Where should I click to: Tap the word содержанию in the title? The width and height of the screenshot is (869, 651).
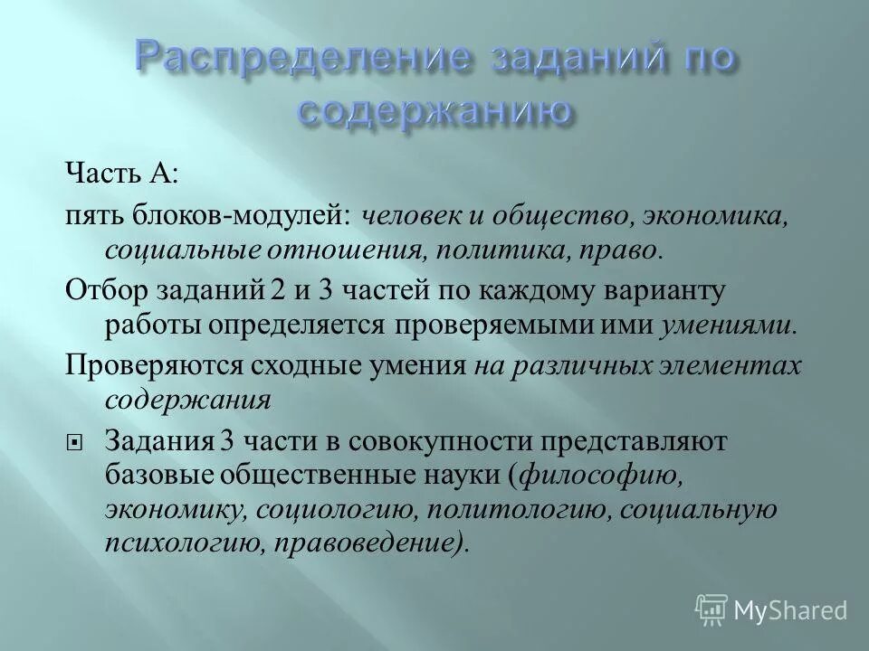click(x=434, y=111)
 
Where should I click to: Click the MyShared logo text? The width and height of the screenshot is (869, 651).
click(x=789, y=611)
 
